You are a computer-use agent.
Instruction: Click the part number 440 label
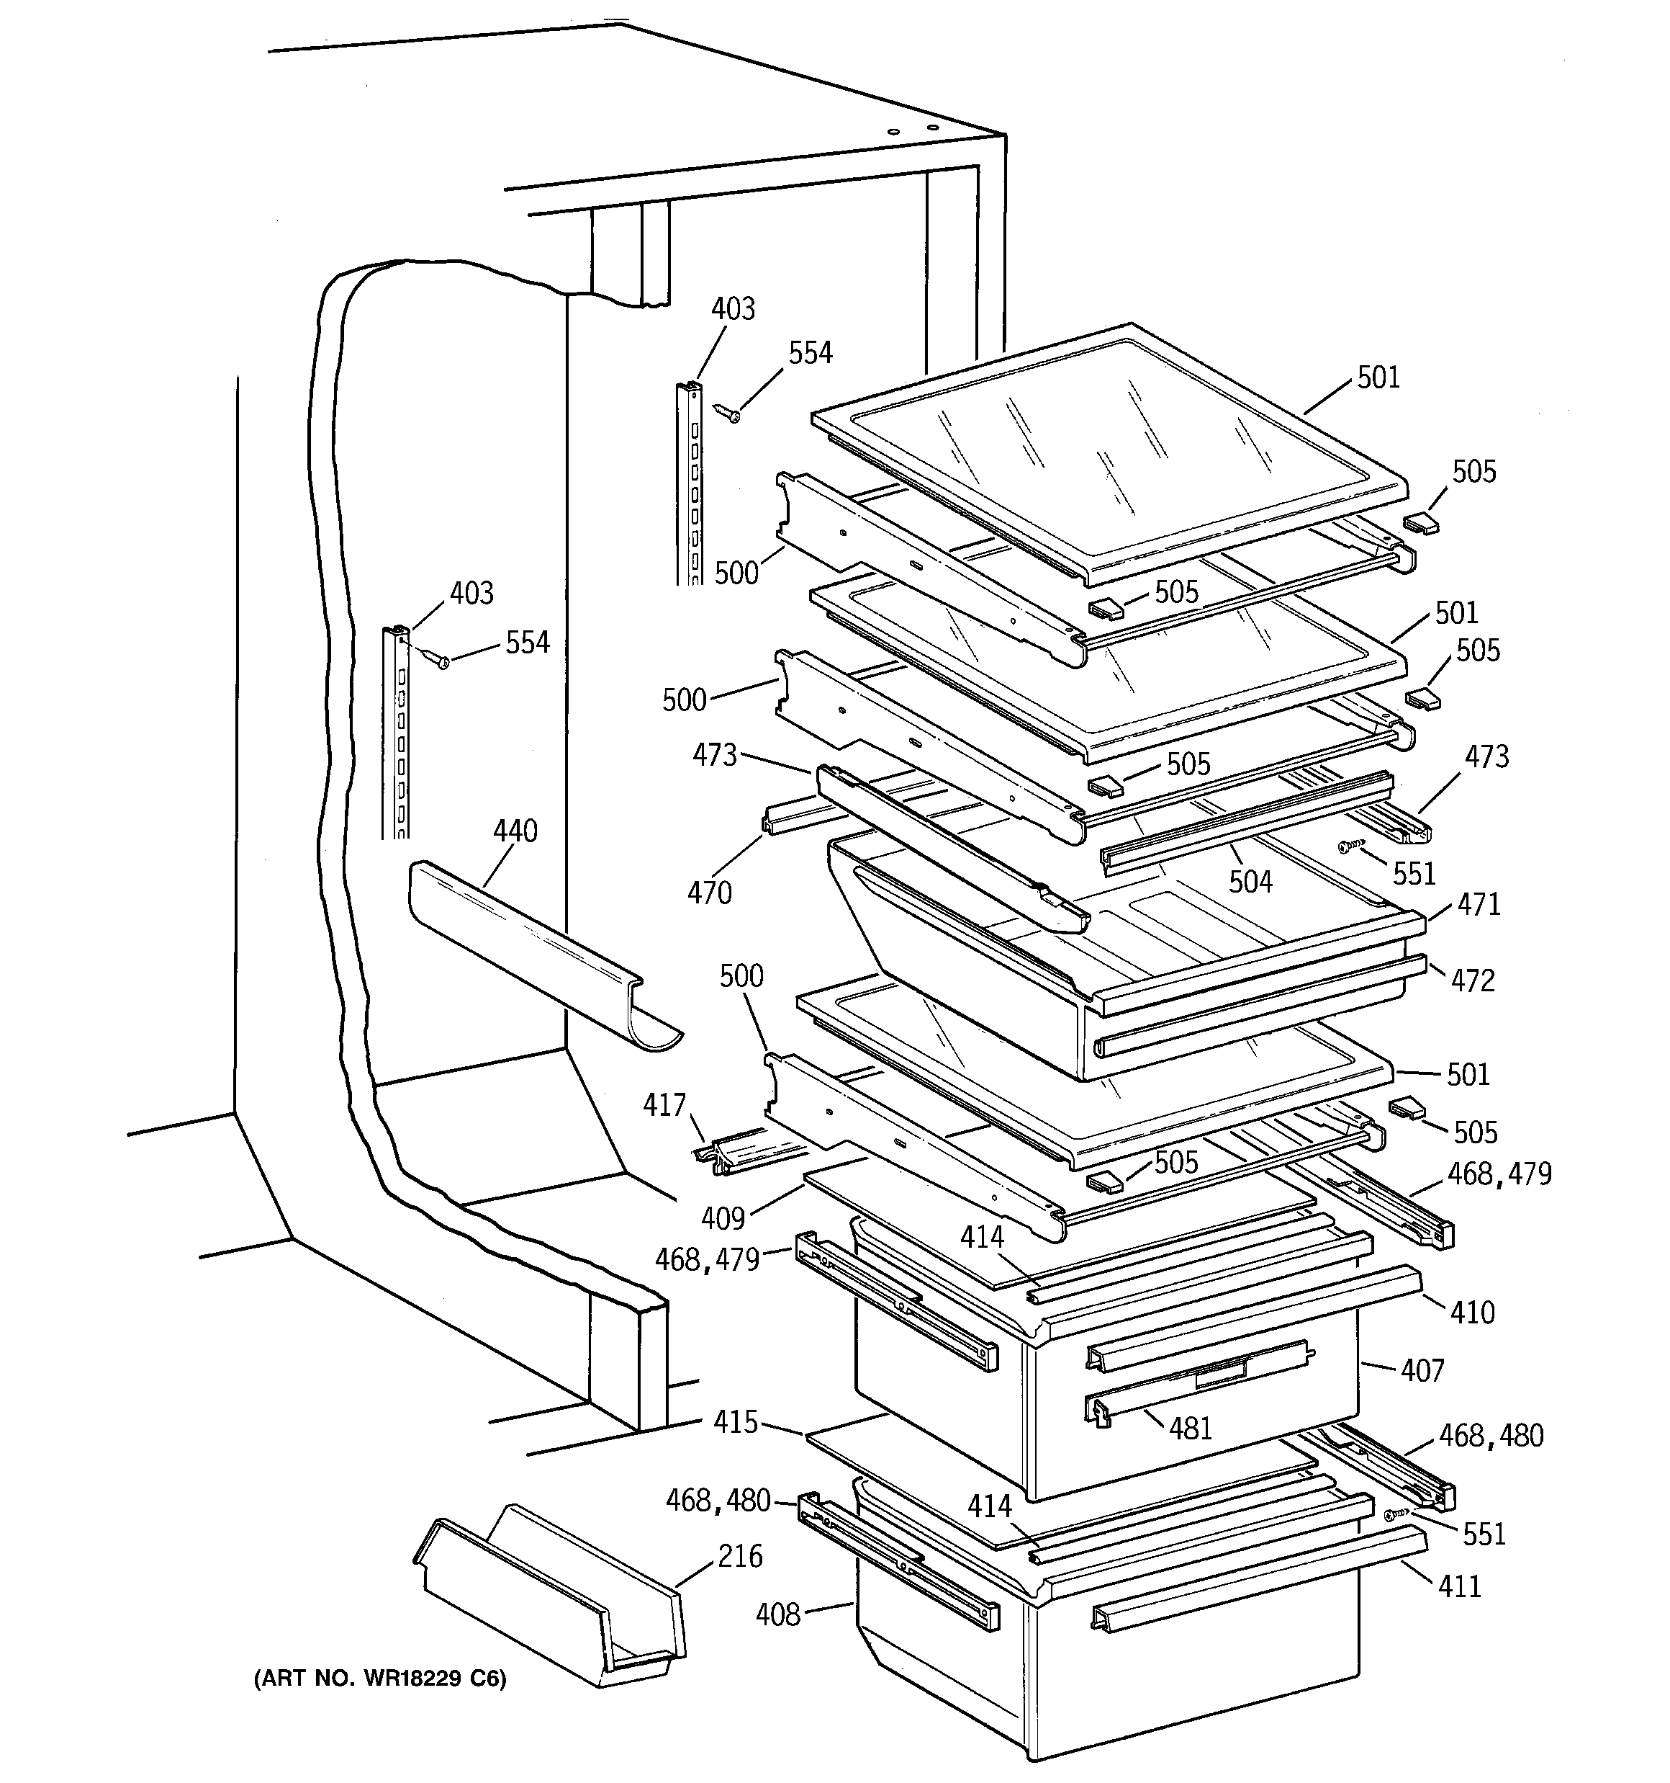(x=515, y=831)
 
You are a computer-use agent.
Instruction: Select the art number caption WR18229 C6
(x=380, y=1678)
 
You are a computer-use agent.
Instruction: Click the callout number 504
(x=1250, y=882)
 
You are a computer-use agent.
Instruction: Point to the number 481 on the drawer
(x=1190, y=1428)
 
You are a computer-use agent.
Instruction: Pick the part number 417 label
(x=664, y=1105)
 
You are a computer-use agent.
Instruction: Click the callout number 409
(x=723, y=1218)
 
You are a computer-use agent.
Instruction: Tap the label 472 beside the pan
(x=1473, y=980)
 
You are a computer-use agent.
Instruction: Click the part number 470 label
(x=709, y=893)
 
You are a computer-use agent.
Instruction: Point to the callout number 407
(x=1422, y=1370)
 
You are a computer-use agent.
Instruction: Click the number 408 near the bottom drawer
(x=777, y=1615)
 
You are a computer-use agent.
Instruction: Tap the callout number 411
(x=1459, y=1586)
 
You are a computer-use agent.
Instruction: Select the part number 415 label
(x=735, y=1421)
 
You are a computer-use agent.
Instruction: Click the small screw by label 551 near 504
(x=1351, y=845)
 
